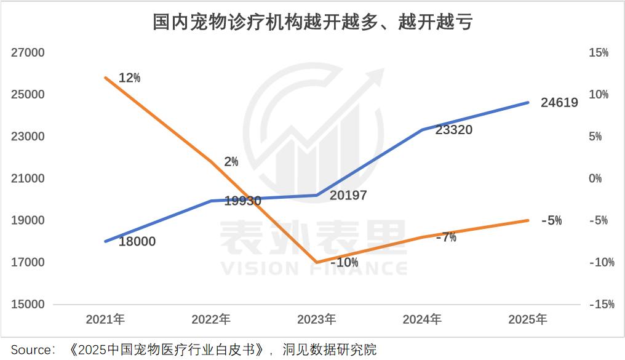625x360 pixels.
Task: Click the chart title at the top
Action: (312, 23)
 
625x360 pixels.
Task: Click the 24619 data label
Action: (559, 103)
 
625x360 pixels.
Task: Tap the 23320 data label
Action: (453, 130)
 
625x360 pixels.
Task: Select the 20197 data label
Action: (348, 196)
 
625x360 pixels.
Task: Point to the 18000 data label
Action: (137, 241)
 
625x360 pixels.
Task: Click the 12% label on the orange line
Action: (129, 78)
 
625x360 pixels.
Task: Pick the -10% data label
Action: (344, 262)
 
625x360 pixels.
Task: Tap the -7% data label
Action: (446, 237)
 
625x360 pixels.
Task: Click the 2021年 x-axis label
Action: (105, 319)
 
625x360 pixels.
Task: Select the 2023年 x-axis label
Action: (316, 319)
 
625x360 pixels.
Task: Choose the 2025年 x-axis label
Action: (527, 319)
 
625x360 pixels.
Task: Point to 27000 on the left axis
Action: (28, 53)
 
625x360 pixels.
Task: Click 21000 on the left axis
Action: (28, 178)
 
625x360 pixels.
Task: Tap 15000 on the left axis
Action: (28, 304)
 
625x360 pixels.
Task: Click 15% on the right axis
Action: (599, 53)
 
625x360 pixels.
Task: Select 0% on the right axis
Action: (595, 178)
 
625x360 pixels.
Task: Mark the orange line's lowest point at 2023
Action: (316, 262)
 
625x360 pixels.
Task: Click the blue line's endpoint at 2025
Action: (528, 102)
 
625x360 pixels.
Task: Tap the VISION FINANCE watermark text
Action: (314, 269)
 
